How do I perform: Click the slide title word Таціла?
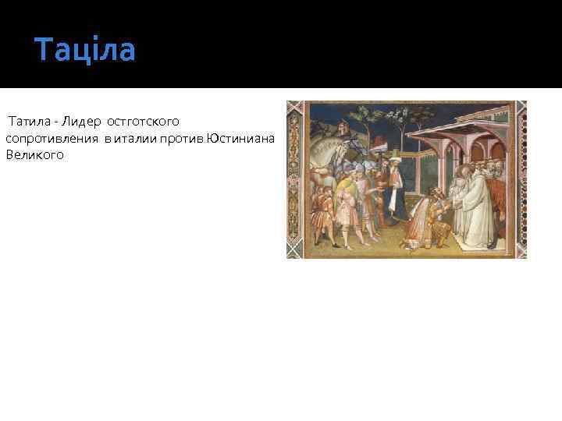coord(85,50)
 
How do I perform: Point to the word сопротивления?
coord(52,139)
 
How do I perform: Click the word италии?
coord(136,139)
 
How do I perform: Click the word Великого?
coord(34,155)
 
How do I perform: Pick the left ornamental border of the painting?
coord(294,179)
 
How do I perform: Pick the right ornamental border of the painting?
coord(520,179)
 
